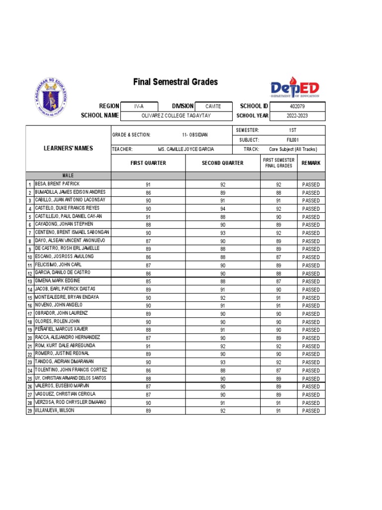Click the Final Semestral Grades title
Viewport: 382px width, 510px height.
[x=175, y=82]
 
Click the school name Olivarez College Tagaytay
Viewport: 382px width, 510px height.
[x=176, y=116]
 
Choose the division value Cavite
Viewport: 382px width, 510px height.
[x=213, y=107]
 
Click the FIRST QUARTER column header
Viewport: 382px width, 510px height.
[x=148, y=163]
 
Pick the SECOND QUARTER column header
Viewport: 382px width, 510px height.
[x=222, y=163]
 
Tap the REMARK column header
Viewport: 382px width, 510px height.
[x=311, y=163]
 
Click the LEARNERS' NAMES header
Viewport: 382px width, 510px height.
[x=69, y=148]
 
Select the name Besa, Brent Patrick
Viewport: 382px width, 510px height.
[x=57, y=184]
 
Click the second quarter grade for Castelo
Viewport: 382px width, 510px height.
[x=223, y=209]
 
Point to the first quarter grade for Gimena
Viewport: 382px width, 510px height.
[x=148, y=281]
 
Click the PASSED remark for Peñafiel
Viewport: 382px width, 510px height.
[x=311, y=330]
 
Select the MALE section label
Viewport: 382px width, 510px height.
[x=69, y=176]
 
